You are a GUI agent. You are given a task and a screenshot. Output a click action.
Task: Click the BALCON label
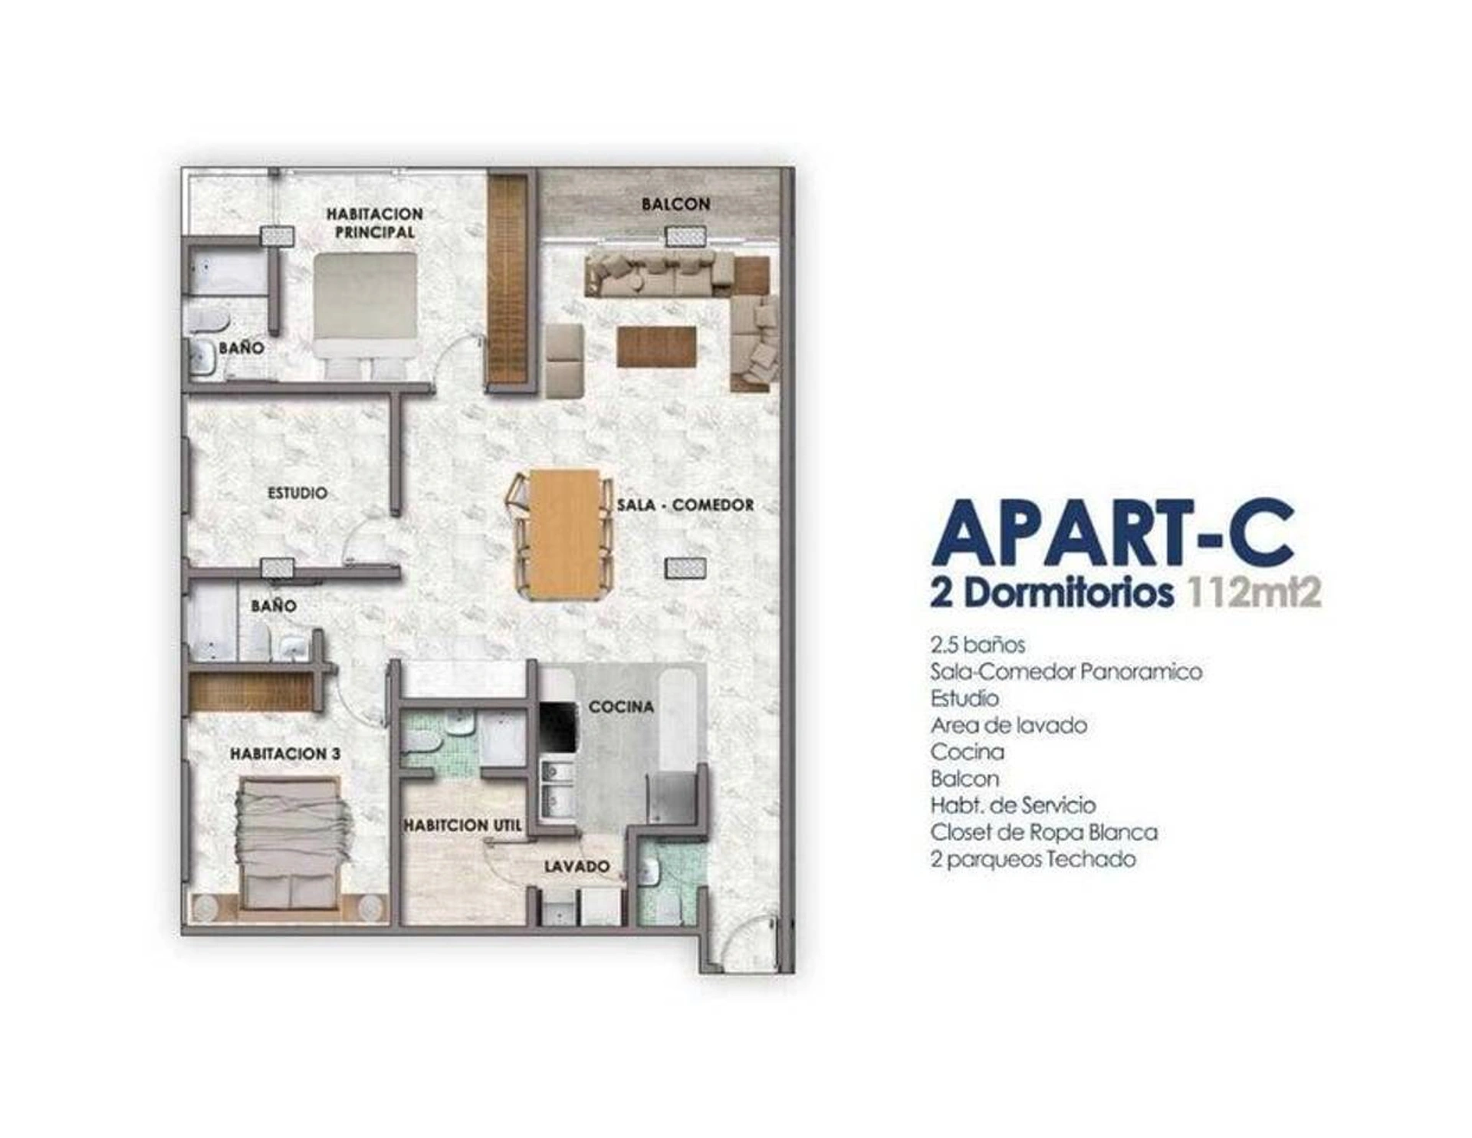675,204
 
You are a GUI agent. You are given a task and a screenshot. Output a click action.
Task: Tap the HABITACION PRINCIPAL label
374,222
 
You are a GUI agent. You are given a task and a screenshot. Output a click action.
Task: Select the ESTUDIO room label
297,493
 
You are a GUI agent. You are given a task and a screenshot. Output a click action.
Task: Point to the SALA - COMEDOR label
685,505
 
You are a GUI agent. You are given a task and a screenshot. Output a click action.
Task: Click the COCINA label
621,706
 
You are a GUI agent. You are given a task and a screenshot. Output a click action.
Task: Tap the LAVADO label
577,866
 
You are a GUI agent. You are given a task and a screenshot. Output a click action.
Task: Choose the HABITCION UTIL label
463,825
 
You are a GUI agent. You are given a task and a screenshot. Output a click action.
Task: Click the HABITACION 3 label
285,754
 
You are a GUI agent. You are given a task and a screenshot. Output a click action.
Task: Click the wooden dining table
565,533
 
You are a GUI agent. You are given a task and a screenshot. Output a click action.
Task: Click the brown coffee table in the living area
657,346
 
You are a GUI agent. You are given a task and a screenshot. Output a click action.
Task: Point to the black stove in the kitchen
557,727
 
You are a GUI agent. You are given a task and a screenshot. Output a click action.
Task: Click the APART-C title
1112,532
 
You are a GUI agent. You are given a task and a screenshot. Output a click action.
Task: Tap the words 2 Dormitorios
1051,593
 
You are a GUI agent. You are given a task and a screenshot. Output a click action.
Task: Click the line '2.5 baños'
978,644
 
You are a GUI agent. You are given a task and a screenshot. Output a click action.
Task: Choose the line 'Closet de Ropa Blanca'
1044,832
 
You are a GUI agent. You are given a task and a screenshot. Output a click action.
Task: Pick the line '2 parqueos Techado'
1033,859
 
